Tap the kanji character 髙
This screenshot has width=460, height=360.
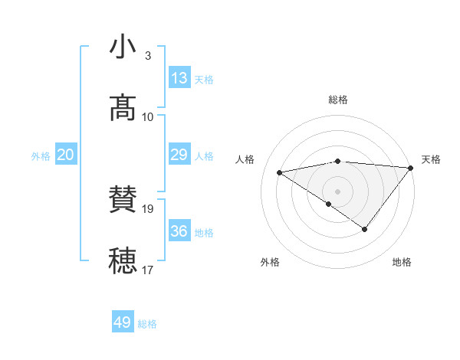(123, 109)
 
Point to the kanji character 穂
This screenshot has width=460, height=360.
(123, 260)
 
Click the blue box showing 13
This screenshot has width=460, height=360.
(179, 78)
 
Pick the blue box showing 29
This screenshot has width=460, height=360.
(179, 155)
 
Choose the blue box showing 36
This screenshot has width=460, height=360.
(179, 231)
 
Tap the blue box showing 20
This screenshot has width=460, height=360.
(66, 155)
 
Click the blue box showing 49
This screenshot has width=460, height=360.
(123, 322)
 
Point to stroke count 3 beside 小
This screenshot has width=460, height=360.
(147, 56)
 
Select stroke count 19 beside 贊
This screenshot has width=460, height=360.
(149, 208)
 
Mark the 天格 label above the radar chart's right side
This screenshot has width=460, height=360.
(431, 159)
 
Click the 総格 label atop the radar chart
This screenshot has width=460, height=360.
(338, 100)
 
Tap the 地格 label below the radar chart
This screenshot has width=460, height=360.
(402, 263)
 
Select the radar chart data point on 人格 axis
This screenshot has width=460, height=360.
(280, 172)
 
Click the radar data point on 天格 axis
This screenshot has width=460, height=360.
(411, 167)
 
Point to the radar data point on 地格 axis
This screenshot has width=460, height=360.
(365, 229)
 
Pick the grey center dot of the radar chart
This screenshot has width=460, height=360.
(337, 191)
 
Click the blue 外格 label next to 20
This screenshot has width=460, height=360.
(41, 156)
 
